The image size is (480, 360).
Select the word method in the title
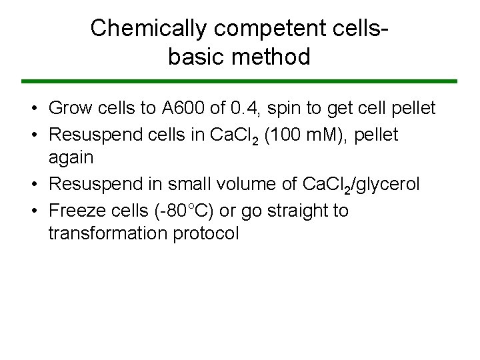[x=275, y=57]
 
